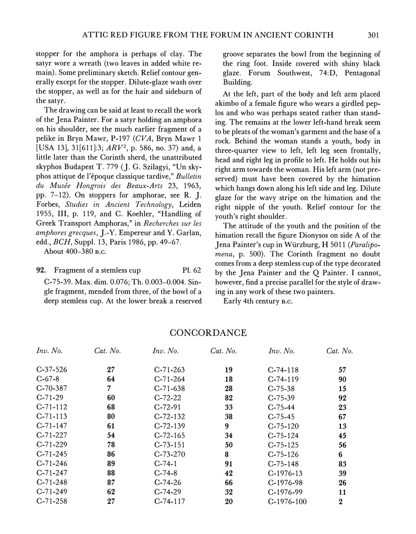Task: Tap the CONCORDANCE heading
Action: (x=208, y=332)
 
